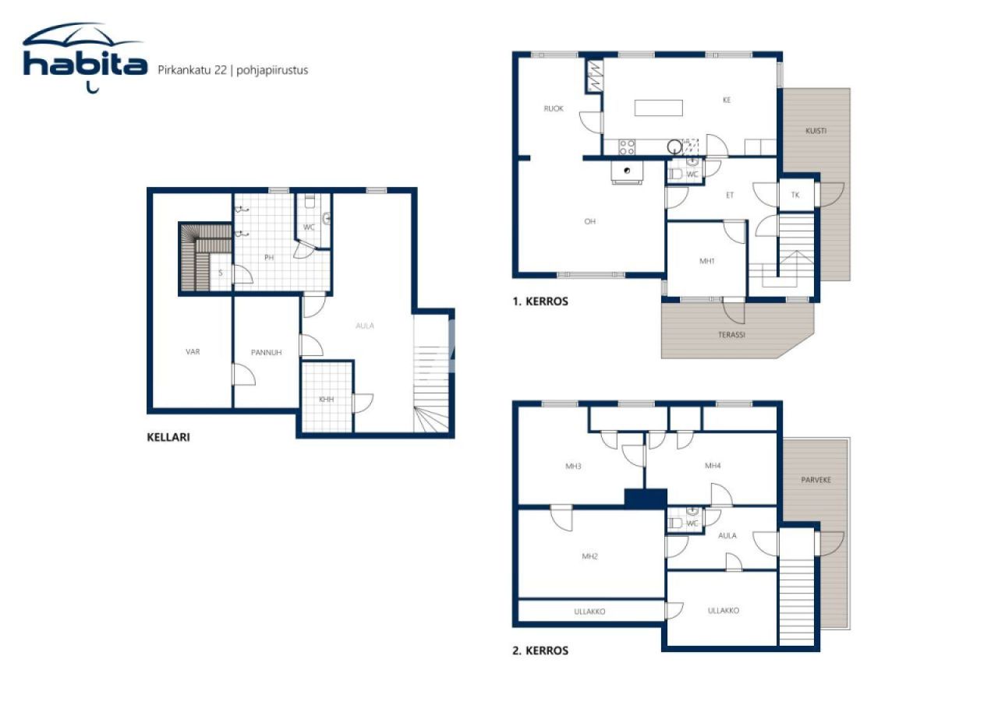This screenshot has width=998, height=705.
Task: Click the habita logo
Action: tap(84, 58)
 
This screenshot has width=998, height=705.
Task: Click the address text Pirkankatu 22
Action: tap(192, 70)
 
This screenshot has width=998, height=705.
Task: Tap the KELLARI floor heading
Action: tap(168, 438)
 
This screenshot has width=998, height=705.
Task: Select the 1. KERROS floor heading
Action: tap(540, 301)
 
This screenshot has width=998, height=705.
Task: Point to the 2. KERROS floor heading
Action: tap(540, 650)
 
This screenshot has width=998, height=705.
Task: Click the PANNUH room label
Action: tap(266, 353)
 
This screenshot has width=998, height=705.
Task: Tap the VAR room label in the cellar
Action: tap(193, 352)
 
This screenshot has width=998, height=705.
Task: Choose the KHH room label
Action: tap(326, 400)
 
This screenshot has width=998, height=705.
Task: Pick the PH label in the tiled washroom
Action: tap(269, 258)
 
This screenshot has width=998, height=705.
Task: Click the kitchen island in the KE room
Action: tap(658, 108)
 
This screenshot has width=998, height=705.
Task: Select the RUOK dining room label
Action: tap(554, 109)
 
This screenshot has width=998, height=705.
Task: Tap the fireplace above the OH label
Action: tap(627, 172)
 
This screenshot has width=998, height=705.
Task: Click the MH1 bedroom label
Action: tap(707, 262)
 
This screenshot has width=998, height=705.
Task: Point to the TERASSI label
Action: tap(731, 334)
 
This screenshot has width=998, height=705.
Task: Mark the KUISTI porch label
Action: tap(816, 131)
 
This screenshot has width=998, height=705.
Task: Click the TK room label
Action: tap(795, 195)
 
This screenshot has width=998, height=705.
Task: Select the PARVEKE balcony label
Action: tap(816, 480)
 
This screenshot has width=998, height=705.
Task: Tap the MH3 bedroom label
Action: tap(574, 467)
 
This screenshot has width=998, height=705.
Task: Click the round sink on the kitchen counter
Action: tap(674, 145)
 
